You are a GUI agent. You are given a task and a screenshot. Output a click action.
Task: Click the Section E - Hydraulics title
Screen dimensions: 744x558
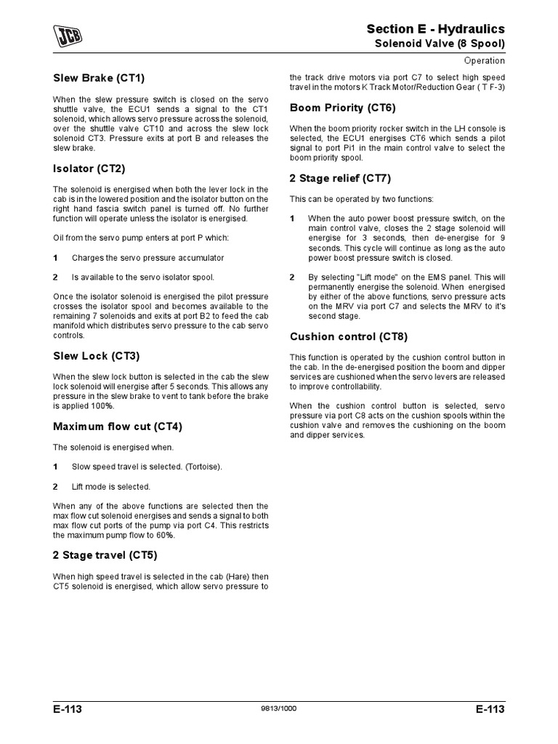[x=435, y=28]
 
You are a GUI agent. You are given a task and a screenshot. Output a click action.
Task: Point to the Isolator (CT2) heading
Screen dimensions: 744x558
[x=89, y=169]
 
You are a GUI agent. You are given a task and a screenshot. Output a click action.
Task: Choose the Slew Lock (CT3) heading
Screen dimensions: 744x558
[x=96, y=356]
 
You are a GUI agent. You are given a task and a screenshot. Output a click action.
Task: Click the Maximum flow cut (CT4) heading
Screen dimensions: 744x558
[x=117, y=426]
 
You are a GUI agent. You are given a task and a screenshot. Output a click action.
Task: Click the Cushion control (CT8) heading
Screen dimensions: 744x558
[x=349, y=336]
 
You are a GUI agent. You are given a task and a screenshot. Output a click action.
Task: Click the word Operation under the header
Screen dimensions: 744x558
[x=485, y=61]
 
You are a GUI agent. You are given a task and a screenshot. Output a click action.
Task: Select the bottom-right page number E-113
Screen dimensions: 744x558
[x=489, y=710]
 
